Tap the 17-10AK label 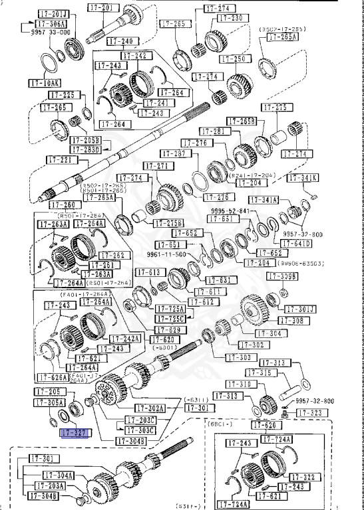(x=45, y=83)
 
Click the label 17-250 (x=232, y=59)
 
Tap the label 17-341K (x=303, y=178)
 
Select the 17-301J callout (x=301, y=309)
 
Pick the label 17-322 (x=307, y=477)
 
